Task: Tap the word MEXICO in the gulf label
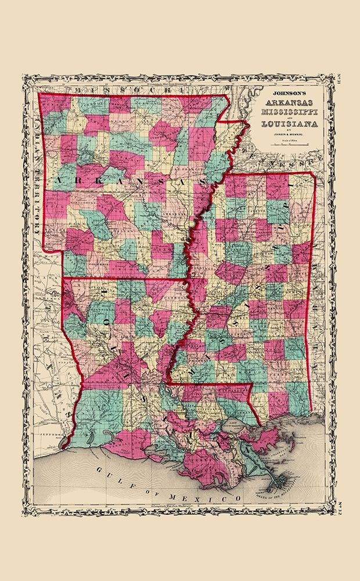[215, 497]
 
